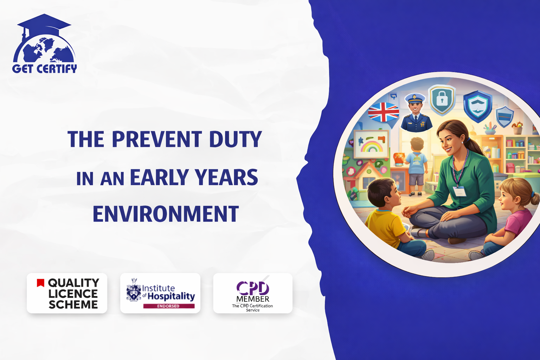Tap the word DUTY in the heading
tap(235, 139)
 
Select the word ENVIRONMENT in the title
tap(166, 214)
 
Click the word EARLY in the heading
tap(159, 177)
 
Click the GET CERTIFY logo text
tap(45, 69)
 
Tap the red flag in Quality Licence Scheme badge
tap(40, 283)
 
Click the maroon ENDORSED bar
tap(169, 306)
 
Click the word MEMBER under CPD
tap(253, 299)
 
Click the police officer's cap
tap(415, 98)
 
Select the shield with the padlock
tap(442, 100)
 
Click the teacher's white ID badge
tap(459, 192)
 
